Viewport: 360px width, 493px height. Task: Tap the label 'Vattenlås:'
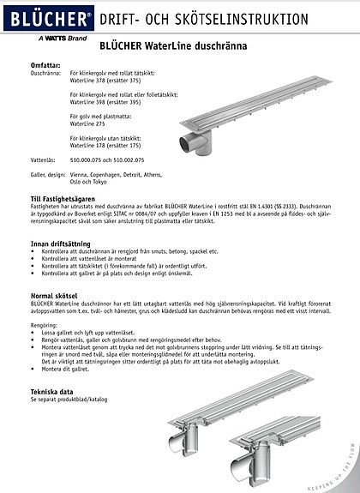[44, 159]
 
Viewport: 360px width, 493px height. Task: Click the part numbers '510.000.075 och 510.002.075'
[107, 159]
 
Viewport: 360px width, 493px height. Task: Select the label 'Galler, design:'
[49, 173]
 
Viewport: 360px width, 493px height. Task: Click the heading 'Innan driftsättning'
[61, 244]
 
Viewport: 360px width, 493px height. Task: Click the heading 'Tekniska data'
[52, 392]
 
